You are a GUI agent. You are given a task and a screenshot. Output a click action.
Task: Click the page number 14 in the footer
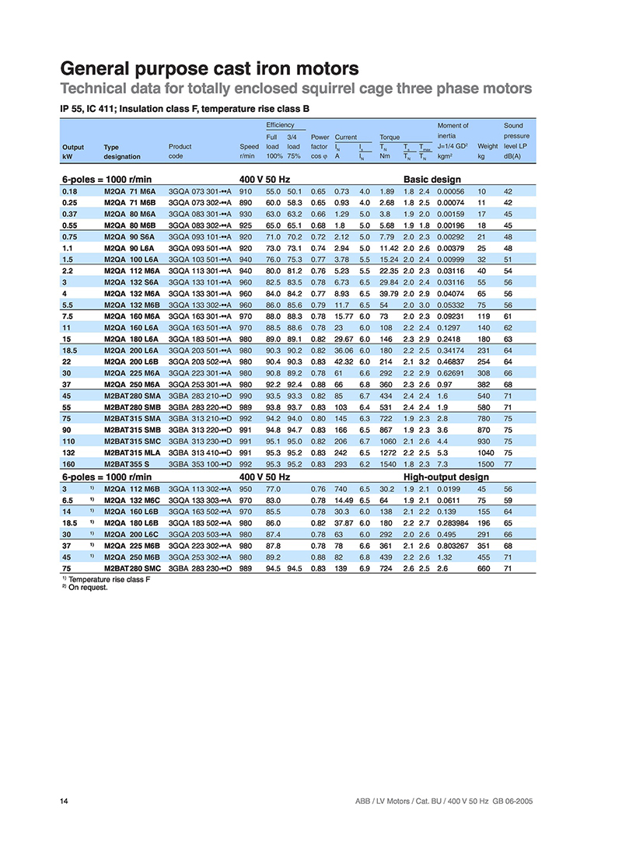[65, 801]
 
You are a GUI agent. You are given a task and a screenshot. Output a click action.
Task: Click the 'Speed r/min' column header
[249, 151]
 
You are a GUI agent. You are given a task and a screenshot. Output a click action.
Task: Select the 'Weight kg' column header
[487, 151]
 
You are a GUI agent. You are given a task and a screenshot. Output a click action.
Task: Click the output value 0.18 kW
[69, 190]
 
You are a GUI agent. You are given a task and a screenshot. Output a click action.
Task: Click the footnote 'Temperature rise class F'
[108, 580]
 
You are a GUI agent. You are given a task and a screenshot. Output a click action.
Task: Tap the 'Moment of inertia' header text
[453, 130]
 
